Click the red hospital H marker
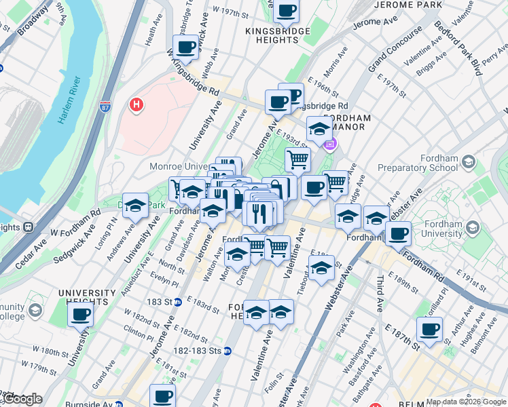[137, 105]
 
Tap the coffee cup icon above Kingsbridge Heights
[286, 10]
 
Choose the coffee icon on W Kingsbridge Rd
[185, 47]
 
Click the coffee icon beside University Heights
[81, 314]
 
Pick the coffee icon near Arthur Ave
[429, 330]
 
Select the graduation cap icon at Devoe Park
[136, 206]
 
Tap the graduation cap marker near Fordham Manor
[319, 128]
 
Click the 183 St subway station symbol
[177, 302]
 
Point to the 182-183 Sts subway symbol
[228, 351]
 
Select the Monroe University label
[179, 166]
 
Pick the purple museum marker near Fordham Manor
[330, 144]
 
